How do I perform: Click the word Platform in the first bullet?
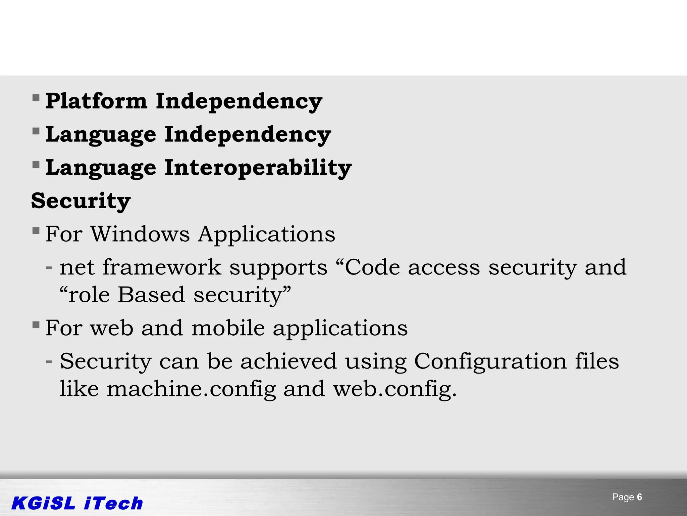coord(96,101)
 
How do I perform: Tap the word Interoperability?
coord(258,167)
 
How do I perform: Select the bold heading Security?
coord(81,201)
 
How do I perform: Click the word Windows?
coord(140,234)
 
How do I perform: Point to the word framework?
coord(162,267)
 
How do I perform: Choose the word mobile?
coord(228,328)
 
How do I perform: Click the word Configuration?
coord(490,361)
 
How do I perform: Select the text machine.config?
coord(191,389)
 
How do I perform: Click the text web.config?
coord(394,389)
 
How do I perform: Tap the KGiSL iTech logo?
coord(77,503)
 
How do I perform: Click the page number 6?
coord(639,497)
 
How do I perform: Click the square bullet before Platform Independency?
coord(36,98)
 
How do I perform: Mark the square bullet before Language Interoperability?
coord(36,165)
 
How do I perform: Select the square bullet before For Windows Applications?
coord(36,231)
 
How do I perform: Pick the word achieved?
coord(288,361)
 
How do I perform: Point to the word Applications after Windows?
coord(266,234)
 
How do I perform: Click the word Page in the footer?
coord(623,497)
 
